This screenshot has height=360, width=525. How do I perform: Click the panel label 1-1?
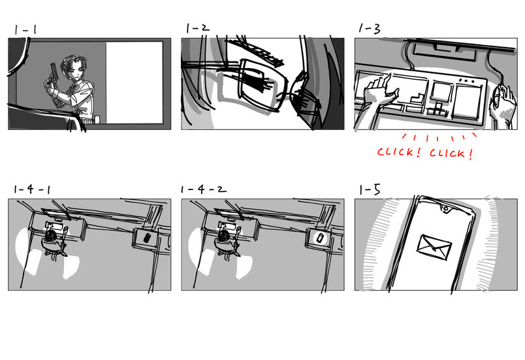click(x=25, y=30)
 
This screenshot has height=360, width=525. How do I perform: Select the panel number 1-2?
click(x=198, y=28)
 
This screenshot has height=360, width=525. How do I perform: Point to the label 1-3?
click(x=370, y=29)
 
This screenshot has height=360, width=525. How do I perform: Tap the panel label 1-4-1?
click(x=32, y=189)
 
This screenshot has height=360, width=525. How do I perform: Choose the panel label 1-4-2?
click(x=203, y=189)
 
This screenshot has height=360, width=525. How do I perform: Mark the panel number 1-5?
click(x=370, y=190)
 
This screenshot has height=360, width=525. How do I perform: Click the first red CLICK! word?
click(x=399, y=152)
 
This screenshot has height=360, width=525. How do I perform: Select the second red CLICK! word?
click(x=451, y=154)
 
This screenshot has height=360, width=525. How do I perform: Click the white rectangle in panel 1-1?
click(x=135, y=83)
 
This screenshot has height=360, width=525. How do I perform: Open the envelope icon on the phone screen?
click(x=434, y=247)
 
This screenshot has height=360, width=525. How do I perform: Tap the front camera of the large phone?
click(x=445, y=209)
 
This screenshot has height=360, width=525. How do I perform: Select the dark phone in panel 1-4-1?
click(x=147, y=238)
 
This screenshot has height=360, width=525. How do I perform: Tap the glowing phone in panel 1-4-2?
click(x=321, y=238)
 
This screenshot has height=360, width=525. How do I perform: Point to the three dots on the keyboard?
click(x=468, y=81)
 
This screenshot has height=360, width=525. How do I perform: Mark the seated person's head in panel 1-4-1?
click(x=52, y=236)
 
